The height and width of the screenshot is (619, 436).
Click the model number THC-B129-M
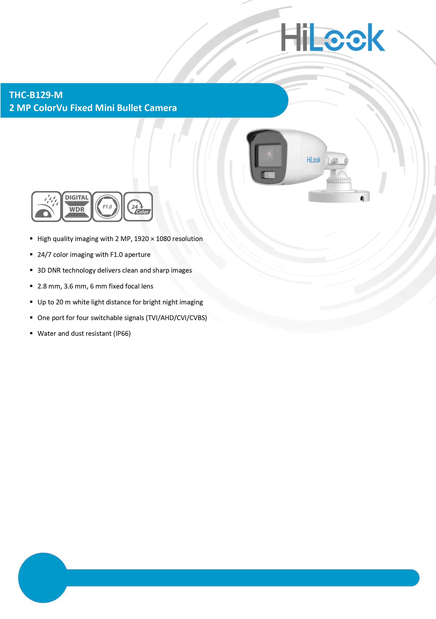pos(36,95)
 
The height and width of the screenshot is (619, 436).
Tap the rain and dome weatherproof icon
pos(46,206)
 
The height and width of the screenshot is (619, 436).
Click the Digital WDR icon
pos(77,206)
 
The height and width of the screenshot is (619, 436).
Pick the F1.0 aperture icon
pos(107,206)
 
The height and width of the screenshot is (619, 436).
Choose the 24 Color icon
pos(138,206)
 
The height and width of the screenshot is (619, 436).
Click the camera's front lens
pos(270,156)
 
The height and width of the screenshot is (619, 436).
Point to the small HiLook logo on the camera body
pos(313,160)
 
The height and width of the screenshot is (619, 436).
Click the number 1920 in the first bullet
pos(141,239)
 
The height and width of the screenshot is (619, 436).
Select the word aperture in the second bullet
pos(137,255)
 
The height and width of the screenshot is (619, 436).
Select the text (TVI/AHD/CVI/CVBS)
pos(176,318)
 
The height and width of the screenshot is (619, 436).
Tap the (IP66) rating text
pos(122,334)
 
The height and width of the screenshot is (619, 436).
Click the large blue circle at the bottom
pos(43,578)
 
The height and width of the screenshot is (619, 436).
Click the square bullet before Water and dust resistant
pos(31,333)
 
